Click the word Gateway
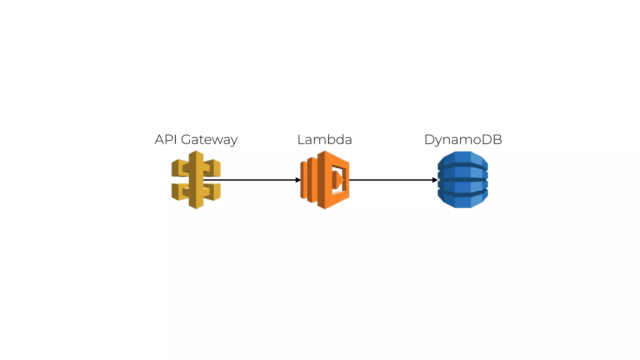[x=209, y=140]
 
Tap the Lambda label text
[x=324, y=140]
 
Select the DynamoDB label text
[x=463, y=140]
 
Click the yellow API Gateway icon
[x=196, y=180]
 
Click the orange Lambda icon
[x=325, y=180]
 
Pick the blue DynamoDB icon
[x=463, y=180]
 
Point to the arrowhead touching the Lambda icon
[x=298, y=180]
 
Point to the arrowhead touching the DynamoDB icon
[x=435, y=180]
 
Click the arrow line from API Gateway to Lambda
[x=250, y=180]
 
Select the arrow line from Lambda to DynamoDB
[x=391, y=180]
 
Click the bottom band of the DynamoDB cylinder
[x=463, y=201]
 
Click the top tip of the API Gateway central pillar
[x=196, y=153]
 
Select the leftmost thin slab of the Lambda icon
[x=303, y=180]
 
